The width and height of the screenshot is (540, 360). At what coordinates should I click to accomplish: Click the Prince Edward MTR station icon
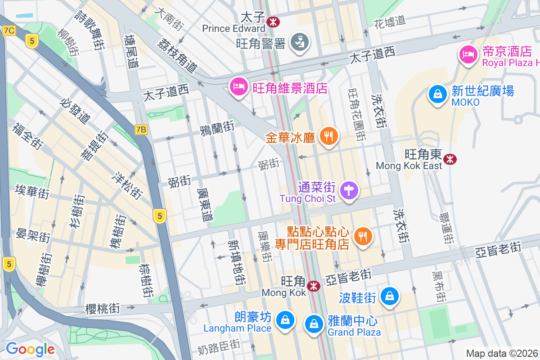(273, 21)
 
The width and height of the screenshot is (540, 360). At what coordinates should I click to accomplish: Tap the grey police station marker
(299, 42)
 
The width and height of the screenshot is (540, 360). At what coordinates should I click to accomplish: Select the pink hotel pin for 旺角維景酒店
(238, 86)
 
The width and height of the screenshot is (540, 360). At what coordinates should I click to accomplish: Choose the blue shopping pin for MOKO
(437, 94)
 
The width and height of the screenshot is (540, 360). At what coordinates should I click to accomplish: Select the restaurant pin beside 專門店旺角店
(363, 236)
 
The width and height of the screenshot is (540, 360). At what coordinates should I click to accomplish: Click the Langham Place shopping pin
(285, 320)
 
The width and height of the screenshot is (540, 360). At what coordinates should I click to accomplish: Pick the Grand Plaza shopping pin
(314, 323)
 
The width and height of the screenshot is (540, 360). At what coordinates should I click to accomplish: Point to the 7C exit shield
(9, 31)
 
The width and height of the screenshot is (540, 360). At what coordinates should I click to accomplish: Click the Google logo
(30, 349)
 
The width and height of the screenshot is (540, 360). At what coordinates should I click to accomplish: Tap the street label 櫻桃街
(103, 308)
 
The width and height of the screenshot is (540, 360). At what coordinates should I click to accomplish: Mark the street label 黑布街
(438, 287)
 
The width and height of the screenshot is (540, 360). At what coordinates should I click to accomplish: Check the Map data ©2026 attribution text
(502, 353)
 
